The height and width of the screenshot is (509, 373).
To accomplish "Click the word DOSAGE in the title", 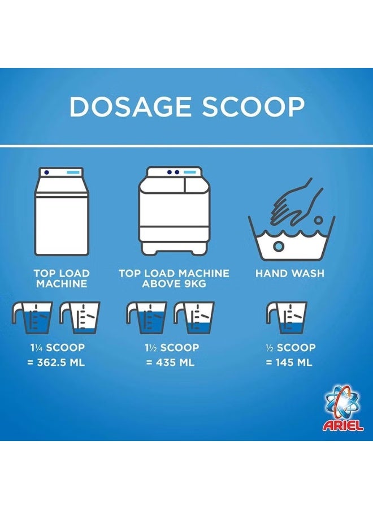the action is tap(130, 106).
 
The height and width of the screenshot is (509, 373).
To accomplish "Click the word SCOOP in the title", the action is tap(254, 106).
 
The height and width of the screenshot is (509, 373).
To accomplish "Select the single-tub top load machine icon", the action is tap(62, 211).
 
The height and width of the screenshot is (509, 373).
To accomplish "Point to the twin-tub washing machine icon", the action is tap(174, 210).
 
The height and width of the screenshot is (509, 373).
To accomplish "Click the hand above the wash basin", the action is tap(297, 201).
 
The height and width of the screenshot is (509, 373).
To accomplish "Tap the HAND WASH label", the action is tap(290, 273).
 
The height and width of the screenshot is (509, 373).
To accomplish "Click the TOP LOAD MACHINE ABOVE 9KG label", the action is tap(174, 278).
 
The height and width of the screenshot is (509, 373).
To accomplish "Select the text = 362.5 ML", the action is tap(56, 363).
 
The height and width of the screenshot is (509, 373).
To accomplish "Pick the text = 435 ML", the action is tap(170, 363).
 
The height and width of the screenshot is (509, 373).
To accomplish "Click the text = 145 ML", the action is tap(289, 363).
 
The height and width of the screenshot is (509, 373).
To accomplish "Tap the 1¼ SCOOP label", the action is tap(58, 348).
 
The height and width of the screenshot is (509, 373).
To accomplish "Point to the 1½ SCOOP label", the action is tap(172, 348).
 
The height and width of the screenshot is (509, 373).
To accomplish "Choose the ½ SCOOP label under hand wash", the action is tap(290, 348).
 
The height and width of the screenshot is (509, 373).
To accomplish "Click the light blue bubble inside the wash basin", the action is tap(278, 246).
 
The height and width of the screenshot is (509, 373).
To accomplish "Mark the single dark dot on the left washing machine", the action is tap(47, 172).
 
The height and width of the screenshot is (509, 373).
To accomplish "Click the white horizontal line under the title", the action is tap(186, 145).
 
